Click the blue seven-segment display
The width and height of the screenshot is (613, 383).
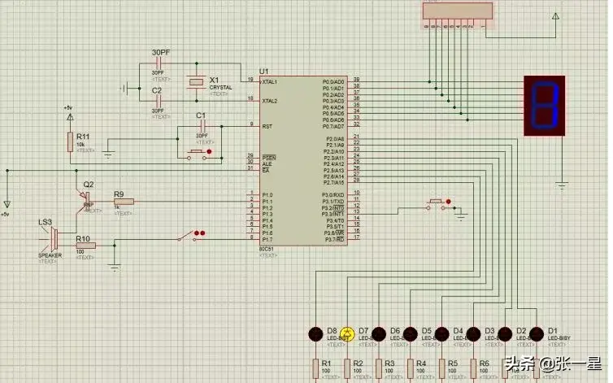[543, 105]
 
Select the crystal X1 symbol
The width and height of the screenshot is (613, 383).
[195, 81]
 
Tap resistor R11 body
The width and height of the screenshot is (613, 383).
[70, 141]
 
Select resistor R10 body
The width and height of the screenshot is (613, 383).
[85, 246]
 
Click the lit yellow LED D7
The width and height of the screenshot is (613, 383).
[346, 333]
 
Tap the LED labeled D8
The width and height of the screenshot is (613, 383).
[315, 333]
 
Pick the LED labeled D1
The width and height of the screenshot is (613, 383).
[537, 333]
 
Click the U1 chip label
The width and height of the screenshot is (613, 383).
[263, 70]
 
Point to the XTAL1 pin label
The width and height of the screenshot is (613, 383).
[269, 82]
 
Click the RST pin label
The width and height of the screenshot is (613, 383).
[266, 127]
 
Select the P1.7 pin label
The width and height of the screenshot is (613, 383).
[267, 240]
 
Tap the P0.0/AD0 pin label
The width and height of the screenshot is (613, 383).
[333, 82]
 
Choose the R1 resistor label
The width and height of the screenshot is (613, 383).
[326, 363]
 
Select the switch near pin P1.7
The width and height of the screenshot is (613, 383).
[189, 237]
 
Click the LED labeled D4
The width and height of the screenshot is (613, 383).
[441, 333]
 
